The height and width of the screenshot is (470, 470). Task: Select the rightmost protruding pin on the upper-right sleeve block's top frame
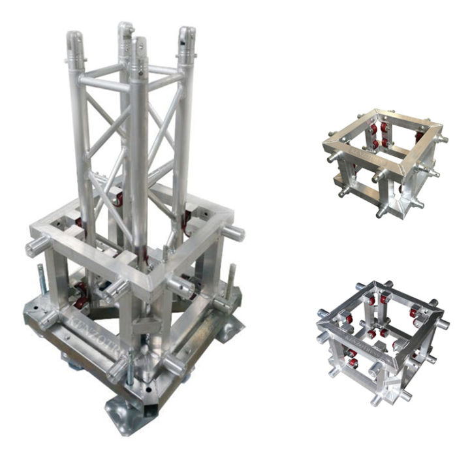click(442, 138)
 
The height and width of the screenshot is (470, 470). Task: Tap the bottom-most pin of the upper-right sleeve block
click(381, 213)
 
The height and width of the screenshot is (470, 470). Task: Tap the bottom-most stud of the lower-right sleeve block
click(376, 400)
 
